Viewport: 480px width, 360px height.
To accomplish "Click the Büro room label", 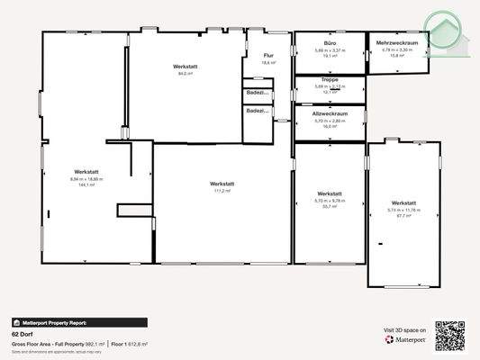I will (x=330, y=43).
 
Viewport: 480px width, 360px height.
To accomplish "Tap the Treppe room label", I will (x=330, y=80).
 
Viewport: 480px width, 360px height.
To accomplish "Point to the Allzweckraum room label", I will (x=331, y=114).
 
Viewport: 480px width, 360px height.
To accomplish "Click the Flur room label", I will (x=268, y=56).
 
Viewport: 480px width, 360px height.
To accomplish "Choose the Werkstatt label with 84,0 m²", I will (x=186, y=67).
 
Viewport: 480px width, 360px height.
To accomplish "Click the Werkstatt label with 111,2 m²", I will (x=222, y=184).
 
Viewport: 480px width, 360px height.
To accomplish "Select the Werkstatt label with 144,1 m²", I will (x=86, y=172).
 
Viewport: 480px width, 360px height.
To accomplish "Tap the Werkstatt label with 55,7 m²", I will (x=330, y=193).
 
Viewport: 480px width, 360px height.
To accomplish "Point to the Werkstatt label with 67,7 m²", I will (x=403, y=203).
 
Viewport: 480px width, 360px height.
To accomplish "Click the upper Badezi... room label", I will (x=256, y=93).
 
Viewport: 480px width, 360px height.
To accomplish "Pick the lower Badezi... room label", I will (x=256, y=110).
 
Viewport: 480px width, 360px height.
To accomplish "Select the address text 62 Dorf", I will (x=21, y=334).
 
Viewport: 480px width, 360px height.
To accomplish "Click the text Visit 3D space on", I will (x=404, y=332).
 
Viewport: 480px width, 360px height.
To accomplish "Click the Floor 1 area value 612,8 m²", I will (x=138, y=344).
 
